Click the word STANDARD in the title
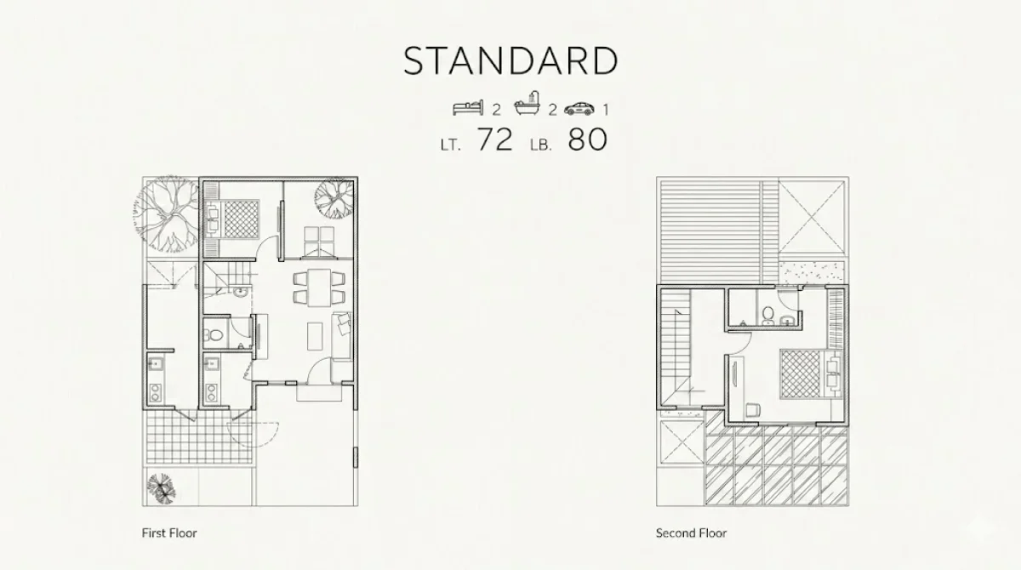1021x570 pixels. click(x=510, y=60)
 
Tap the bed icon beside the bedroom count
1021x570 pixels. click(x=468, y=108)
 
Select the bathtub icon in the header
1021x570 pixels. click(x=528, y=104)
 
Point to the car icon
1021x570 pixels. click(x=579, y=108)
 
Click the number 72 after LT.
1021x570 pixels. click(x=495, y=140)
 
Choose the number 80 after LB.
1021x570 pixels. click(x=588, y=140)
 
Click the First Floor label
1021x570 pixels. click(x=169, y=533)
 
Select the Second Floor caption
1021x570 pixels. click(x=691, y=533)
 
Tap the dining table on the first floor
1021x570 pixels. click(x=319, y=288)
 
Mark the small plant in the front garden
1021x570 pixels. click(x=161, y=488)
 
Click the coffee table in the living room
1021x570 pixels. click(x=315, y=336)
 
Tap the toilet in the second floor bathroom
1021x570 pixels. click(x=768, y=316)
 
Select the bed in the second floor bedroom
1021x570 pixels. click(x=810, y=373)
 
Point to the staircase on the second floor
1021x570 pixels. click(x=676, y=349)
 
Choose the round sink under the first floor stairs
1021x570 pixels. click(x=240, y=292)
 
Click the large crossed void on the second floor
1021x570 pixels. click(x=812, y=217)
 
